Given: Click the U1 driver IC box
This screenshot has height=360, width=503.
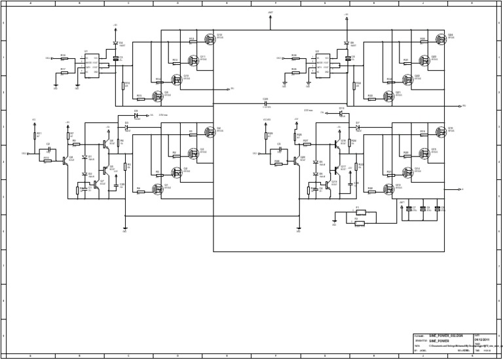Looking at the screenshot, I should coord(91,65).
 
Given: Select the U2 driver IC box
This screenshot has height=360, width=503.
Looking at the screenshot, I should coord(322,65).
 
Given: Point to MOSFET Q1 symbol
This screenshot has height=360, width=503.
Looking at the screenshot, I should coord(157,189).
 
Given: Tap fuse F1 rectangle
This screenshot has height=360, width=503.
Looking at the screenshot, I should coord(360,213).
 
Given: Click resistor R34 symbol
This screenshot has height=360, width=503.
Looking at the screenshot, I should coord(354,85).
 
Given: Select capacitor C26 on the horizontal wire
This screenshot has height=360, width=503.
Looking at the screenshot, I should coord(266,103).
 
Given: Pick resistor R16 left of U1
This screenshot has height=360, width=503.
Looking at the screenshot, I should coord(64,58).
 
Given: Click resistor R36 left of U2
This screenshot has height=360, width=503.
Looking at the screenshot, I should coord(295,58).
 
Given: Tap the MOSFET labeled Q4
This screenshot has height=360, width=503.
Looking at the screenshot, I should coord(210,132).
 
